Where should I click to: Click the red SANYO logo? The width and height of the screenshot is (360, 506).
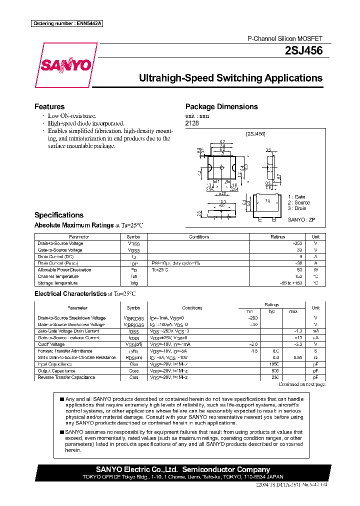[66, 65]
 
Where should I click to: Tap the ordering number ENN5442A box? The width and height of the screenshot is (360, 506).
[67, 24]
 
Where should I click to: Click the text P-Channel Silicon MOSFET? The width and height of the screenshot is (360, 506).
[285, 38]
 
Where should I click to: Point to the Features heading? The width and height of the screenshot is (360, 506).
[49, 106]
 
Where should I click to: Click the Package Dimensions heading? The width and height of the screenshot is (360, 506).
[221, 106]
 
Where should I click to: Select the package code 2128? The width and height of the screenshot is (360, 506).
[192, 123]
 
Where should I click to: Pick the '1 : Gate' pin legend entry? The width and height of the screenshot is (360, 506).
[296, 197]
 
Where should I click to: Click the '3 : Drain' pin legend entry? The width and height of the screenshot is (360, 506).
[297, 208]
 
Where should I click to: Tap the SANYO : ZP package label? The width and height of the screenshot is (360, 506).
[301, 219]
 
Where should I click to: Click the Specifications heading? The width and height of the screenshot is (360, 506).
[59, 215]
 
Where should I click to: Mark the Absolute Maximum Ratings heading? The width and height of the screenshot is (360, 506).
[74, 225]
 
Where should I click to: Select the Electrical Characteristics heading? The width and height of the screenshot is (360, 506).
[70, 294]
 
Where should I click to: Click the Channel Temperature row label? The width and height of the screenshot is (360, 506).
[58, 276]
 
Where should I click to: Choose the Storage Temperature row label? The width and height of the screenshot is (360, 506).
[58, 283]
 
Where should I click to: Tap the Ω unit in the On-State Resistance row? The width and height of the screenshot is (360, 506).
[315, 357]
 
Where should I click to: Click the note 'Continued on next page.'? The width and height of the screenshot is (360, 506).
[302, 384]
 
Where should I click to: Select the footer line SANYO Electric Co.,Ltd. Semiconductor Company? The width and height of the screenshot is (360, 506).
[183, 469]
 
